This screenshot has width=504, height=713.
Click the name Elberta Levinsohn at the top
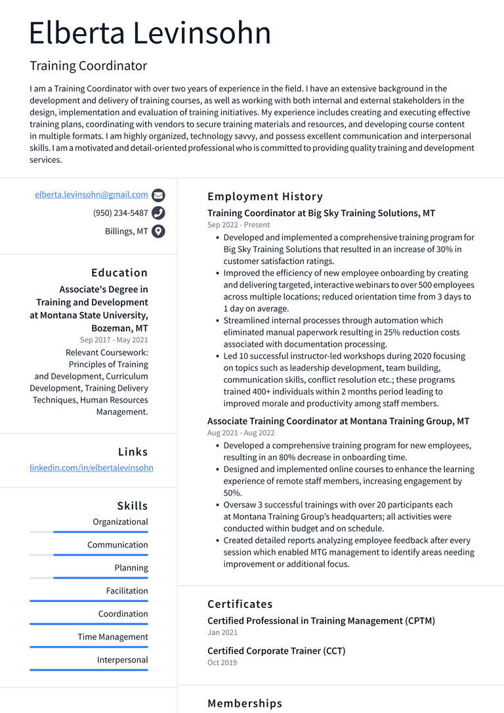point(150,33)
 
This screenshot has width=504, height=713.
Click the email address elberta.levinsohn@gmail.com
point(91,194)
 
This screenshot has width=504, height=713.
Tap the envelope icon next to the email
point(158,195)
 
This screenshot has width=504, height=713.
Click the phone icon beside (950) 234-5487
point(158,213)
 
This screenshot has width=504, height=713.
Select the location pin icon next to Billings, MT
point(158,231)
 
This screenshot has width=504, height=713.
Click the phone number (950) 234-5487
point(120,213)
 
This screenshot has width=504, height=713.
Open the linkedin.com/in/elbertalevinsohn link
point(91,467)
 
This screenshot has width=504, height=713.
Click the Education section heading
point(119,272)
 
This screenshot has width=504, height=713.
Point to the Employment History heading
point(265,196)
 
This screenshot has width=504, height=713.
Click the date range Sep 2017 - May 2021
point(114,340)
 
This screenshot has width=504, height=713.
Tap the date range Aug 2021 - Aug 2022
point(241,433)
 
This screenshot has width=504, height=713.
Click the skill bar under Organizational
point(89,532)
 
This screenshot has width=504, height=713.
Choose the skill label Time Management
point(113,637)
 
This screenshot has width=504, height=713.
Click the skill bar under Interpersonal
point(89,670)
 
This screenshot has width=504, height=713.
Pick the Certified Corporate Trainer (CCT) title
point(276,651)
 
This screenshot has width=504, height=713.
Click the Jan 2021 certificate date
point(222,632)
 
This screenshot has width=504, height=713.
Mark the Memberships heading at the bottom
point(245,703)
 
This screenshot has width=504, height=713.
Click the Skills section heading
point(133,506)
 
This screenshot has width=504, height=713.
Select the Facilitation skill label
point(127,591)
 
